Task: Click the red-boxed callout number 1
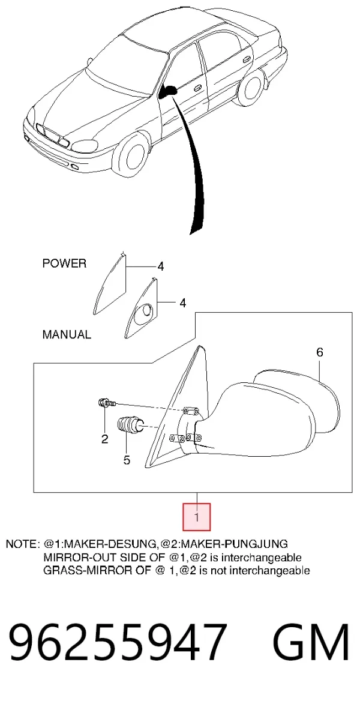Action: tap(196, 517)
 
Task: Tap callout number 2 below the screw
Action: tap(104, 439)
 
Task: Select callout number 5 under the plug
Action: tap(127, 459)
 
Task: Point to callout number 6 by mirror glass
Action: tap(319, 352)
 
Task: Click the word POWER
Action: tap(64, 263)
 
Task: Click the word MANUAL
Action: tap(67, 334)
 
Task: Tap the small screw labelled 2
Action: tap(106, 403)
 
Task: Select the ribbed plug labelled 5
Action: tap(130, 425)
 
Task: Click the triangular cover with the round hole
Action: tap(142, 308)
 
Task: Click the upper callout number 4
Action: tap(160, 267)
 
